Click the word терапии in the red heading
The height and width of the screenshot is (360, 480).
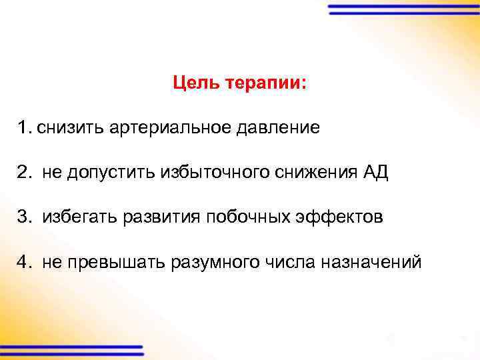click(x=267, y=85)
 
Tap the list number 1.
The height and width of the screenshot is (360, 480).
click(x=24, y=127)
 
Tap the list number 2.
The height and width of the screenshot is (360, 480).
click(x=24, y=173)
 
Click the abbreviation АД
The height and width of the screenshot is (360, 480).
click(x=374, y=173)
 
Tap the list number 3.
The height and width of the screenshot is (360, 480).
click(x=24, y=217)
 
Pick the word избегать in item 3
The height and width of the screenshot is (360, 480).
click(x=79, y=217)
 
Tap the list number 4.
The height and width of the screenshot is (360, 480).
click(x=24, y=262)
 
